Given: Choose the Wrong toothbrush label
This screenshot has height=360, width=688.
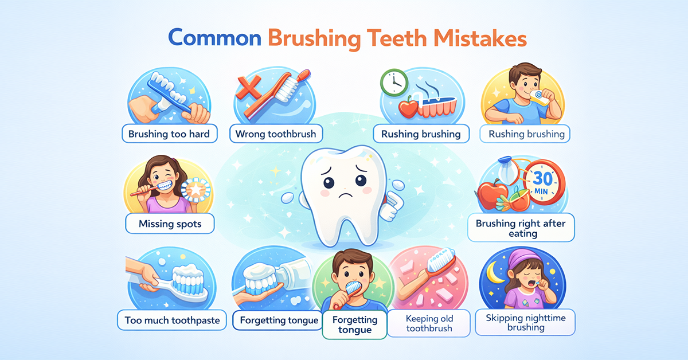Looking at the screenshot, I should [x=276, y=135].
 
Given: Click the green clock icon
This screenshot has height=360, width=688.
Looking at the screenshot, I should [x=393, y=81].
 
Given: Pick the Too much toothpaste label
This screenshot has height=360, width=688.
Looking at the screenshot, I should [x=173, y=320].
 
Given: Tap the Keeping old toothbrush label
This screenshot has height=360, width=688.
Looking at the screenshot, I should [x=429, y=323].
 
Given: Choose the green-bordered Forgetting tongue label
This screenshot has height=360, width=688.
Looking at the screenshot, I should [x=355, y=325].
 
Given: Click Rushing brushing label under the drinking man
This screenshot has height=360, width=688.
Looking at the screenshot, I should [x=526, y=135].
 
